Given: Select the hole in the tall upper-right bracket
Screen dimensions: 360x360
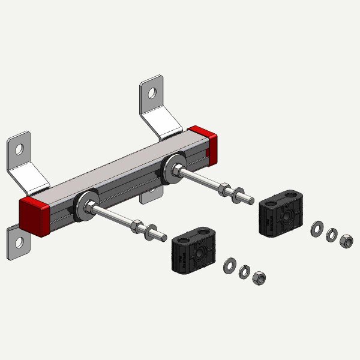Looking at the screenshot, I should pyautogui.click(x=152, y=93).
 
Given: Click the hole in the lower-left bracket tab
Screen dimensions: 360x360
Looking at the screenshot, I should pyautogui.click(x=19, y=242).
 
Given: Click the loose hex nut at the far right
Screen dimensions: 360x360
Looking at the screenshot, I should pyautogui.click(x=346, y=241).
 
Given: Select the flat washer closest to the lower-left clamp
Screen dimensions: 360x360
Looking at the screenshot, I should pyautogui.click(x=229, y=265).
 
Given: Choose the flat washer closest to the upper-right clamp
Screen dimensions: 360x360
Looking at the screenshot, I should pyautogui.click(x=316, y=230).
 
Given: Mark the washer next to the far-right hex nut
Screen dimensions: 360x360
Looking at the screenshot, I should pyautogui.click(x=332, y=236).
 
